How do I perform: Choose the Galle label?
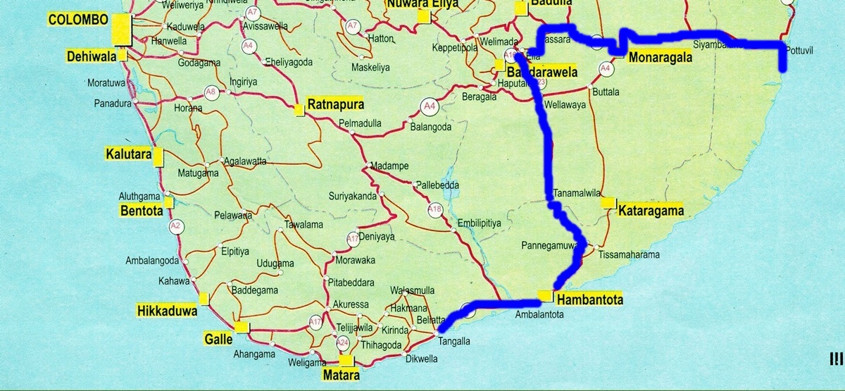[217, 338]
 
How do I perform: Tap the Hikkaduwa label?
[166, 311]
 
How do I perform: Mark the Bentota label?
[141, 211]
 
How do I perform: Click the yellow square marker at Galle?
[242, 327]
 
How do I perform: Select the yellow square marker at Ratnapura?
[299, 109]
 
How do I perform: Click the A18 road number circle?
[434, 209]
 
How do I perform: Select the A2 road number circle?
[175, 226]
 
